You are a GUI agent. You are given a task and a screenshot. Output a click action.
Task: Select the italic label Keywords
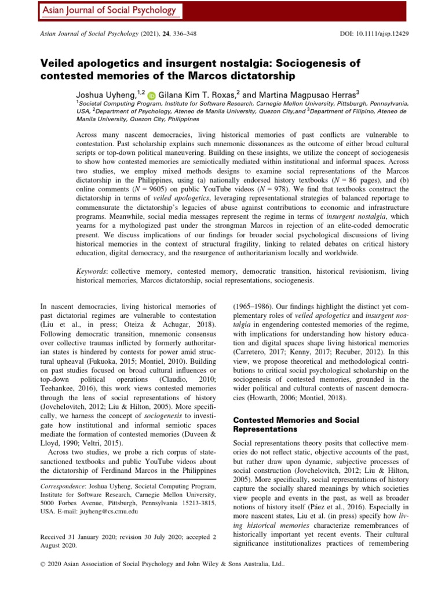(x=92, y=271)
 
